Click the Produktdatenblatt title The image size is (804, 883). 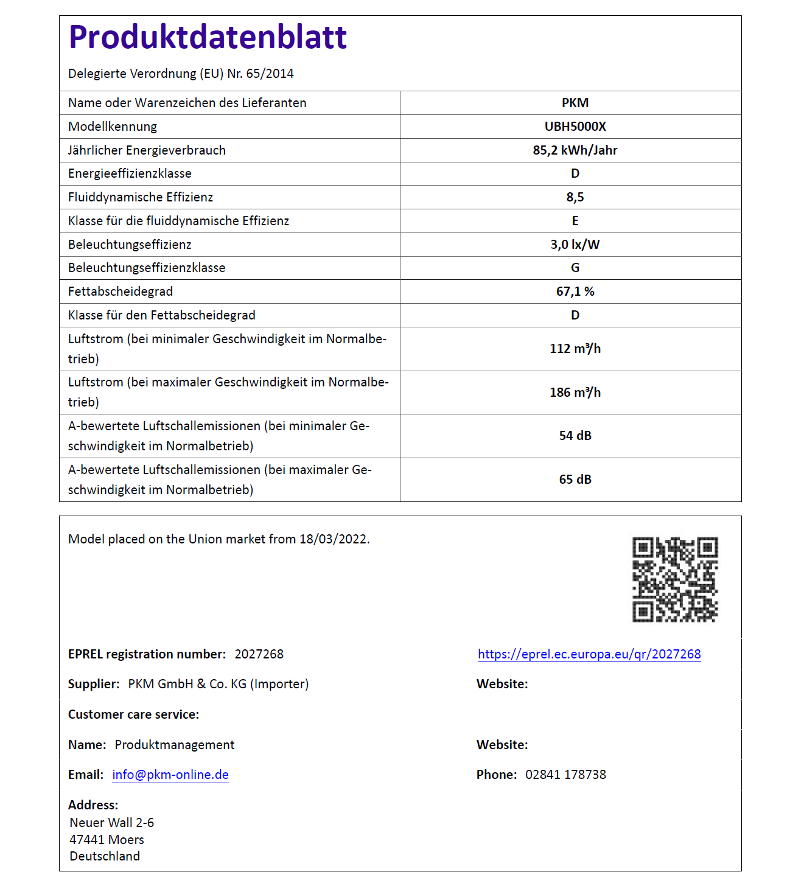(x=208, y=37)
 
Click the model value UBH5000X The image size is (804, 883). (x=575, y=127)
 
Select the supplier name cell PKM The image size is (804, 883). (x=575, y=103)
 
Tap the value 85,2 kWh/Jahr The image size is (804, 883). (x=575, y=150)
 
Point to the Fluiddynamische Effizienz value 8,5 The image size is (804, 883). (x=575, y=197)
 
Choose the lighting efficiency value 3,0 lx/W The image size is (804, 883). (x=575, y=245)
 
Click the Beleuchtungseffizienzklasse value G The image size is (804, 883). (x=575, y=268)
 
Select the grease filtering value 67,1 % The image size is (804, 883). (x=575, y=291)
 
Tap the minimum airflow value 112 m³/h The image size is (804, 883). (x=575, y=349)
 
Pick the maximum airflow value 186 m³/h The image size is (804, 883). (x=575, y=393)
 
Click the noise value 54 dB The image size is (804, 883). (x=575, y=436)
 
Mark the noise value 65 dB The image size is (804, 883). (x=575, y=480)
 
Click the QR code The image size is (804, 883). (x=675, y=579)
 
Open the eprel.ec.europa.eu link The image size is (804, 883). (x=589, y=654)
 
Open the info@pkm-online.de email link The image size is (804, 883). (x=170, y=775)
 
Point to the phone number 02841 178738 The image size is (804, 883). (x=565, y=775)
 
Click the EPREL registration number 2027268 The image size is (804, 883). (x=259, y=654)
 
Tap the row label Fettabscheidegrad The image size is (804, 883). (x=121, y=291)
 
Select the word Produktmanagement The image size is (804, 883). (x=175, y=745)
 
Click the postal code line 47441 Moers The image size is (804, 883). (x=107, y=840)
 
